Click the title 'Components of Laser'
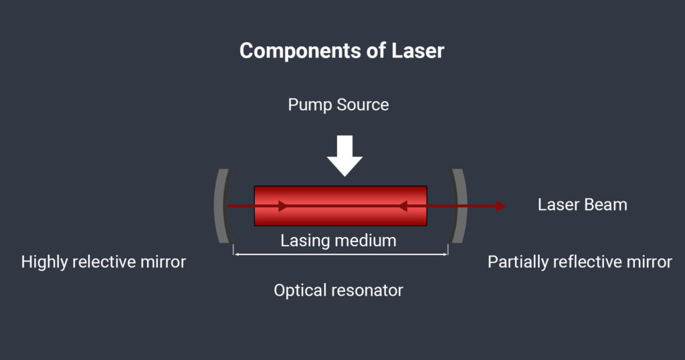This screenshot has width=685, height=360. (x=342, y=51)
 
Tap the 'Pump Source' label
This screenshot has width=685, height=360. (x=338, y=105)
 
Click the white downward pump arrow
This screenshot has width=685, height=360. (x=345, y=155)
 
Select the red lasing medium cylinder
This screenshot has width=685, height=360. (x=340, y=205)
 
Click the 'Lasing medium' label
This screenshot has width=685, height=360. (x=338, y=240)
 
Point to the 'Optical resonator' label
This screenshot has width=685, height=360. (x=338, y=290)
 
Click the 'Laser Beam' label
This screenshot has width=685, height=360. (x=582, y=205)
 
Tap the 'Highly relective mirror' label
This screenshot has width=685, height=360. (x=103, y=262)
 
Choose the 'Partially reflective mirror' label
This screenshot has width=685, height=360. (x=579, y=262)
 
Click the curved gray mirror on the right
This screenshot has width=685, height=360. (x=458, y=205)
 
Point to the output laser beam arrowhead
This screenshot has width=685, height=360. (x=500, y=206)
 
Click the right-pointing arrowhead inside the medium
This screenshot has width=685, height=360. (x=283, y=206)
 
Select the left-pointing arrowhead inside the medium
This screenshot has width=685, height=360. (x=403, y=206)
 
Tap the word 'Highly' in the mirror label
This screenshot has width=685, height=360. (x=43, y=262)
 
